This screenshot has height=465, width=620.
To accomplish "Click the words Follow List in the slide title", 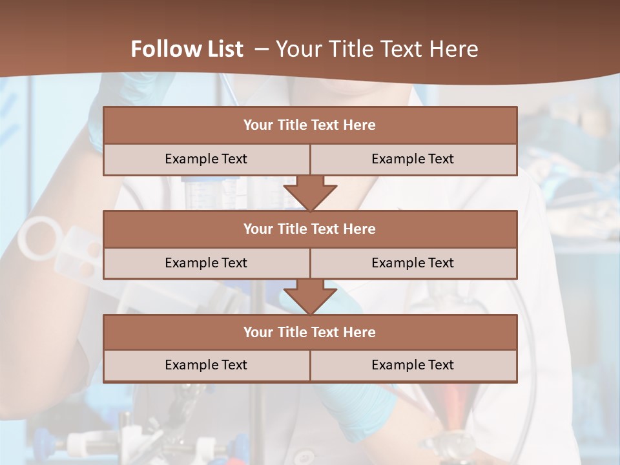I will pos(187,49).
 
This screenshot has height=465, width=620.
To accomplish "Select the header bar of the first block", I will pos(310,125).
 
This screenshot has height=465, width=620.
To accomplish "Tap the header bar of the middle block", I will pos(310,229).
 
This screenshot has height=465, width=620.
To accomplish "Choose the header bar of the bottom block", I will pos(310,332).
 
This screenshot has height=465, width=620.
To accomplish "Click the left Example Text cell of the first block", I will pos(206,159).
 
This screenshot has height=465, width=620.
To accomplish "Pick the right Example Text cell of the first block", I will pos(413,159).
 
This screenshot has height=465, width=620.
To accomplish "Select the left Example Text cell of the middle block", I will pos(206,263).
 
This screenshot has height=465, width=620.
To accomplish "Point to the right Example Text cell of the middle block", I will pos(413,263).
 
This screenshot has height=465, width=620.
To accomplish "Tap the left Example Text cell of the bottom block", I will pos(206,365).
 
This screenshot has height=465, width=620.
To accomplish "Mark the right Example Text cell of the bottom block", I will pos(413,365).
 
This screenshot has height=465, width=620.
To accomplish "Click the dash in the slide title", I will pos(262,49).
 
